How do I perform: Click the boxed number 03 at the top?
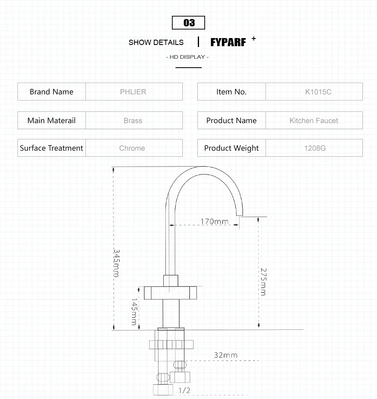[188, 23]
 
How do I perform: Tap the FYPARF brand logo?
[228, 42]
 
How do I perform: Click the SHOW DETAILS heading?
[156, 42]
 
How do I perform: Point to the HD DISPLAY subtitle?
[187, 57]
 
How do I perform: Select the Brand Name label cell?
[51, 92]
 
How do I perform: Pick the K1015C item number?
[318, 92]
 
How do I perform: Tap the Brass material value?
[133, 121]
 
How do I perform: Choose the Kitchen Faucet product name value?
[314, 121]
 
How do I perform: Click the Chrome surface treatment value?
[132, 148]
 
